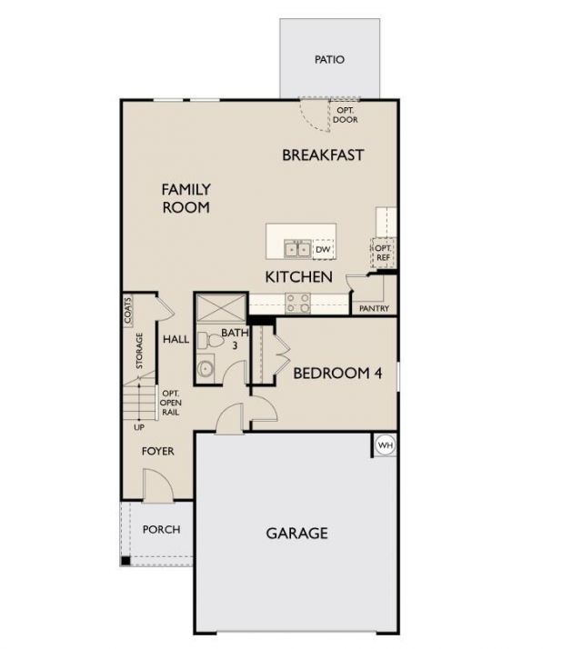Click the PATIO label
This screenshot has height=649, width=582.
(329, 60)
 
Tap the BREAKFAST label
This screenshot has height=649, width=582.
(323, 155)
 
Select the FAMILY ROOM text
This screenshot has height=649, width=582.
(186, 198)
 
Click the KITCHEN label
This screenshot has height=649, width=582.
(298, 276)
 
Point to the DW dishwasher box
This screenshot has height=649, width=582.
(323, 249)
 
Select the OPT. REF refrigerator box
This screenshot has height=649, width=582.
(383, 252)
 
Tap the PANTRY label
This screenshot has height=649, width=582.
(374, 309)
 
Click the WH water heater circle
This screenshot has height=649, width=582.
(385, 445)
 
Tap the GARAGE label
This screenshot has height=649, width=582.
(296, 534)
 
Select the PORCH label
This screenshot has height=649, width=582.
(162, 529)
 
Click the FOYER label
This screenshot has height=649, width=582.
(157, 452)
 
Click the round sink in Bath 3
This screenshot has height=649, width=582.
(206, 369)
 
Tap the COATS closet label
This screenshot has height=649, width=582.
(128, 311)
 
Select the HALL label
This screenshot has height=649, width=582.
(176, 340)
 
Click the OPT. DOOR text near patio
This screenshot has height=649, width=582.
(345, 115)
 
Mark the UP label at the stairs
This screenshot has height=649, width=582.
(139, 427)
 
